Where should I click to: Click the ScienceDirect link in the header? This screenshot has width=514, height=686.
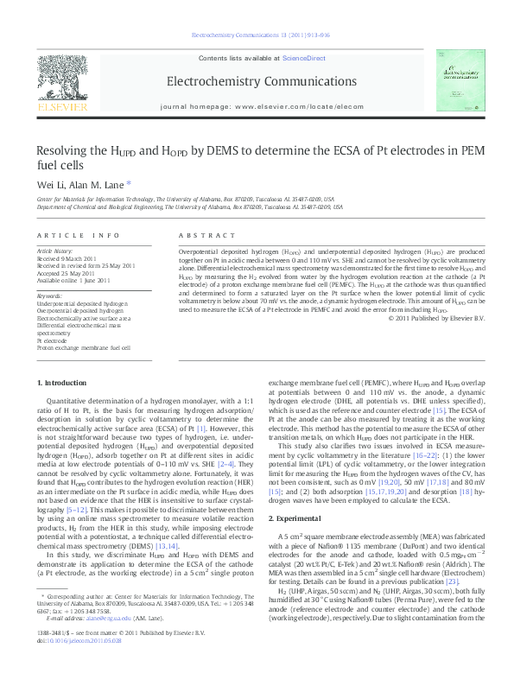coord(302,56)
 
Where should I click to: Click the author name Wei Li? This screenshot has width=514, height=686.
coord(50,184)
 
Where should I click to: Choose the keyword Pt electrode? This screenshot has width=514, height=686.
coord(52,340)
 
